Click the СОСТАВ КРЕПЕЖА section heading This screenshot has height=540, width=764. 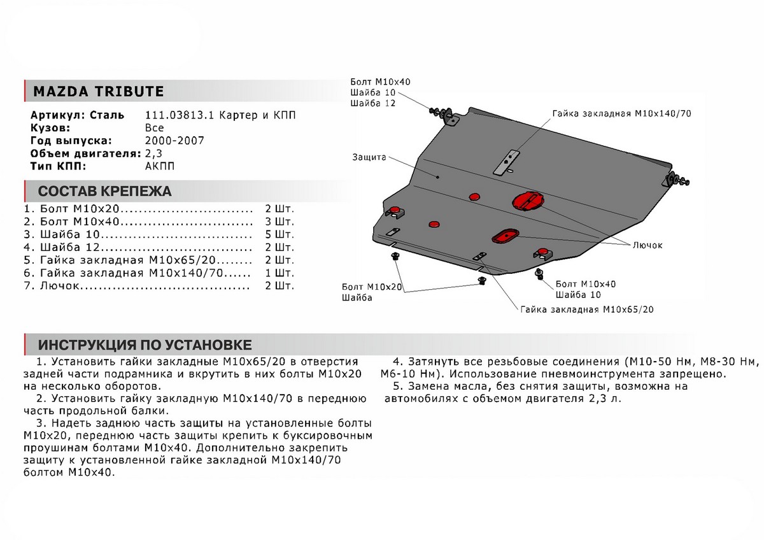[104, 192]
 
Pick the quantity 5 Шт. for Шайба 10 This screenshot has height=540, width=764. [278, 234]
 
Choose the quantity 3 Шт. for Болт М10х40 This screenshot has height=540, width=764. [278, 221]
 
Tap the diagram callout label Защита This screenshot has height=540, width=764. [368, 157]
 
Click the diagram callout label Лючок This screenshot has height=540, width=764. [647, 245]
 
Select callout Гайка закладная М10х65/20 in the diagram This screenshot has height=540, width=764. [586, 310]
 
